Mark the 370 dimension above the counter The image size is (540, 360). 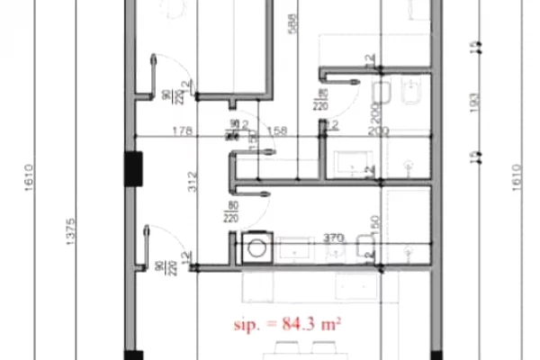tap(333, 237)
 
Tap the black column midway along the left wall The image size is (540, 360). tap(133, 169)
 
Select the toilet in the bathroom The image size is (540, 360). tap(379, 93)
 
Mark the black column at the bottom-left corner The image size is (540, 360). tap(133, 354)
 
